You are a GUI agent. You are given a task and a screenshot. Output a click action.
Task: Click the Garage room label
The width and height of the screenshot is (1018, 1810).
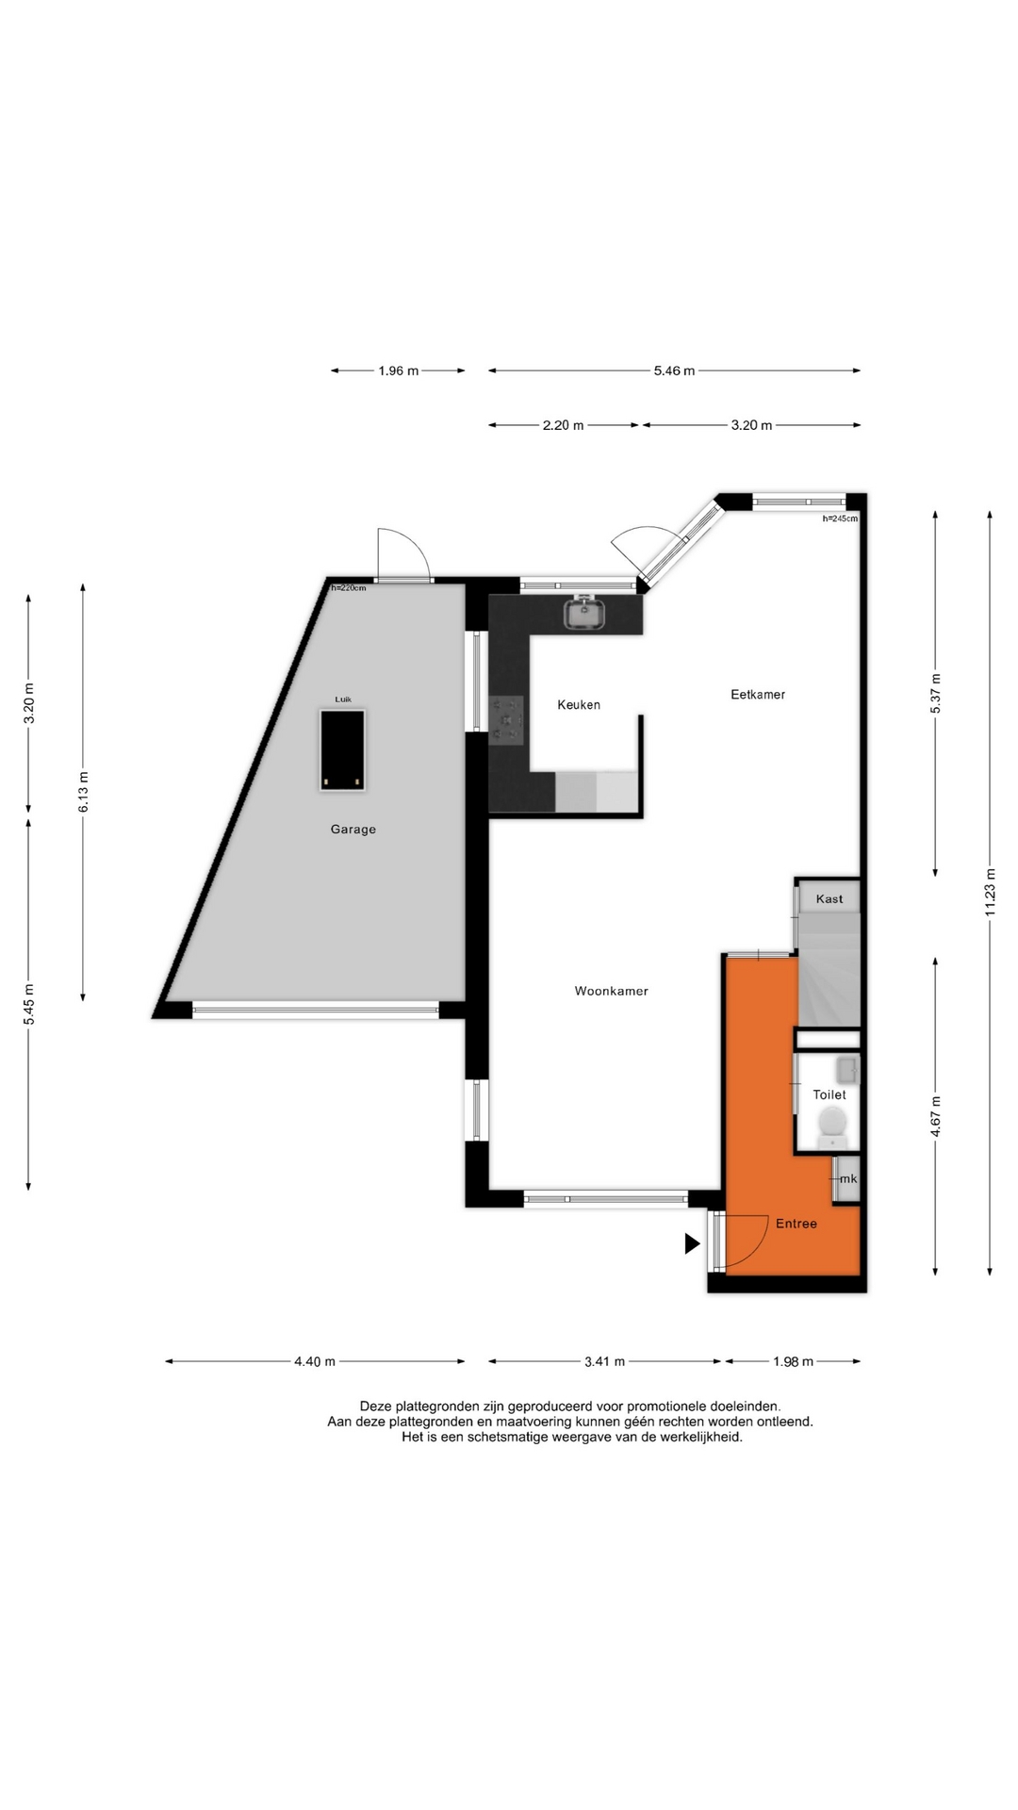tap(353, 830)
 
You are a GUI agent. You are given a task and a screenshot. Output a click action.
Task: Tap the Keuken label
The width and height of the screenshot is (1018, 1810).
tap(579, 705)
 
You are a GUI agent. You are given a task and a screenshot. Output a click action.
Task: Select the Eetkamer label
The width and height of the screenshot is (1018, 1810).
tap(758, 695)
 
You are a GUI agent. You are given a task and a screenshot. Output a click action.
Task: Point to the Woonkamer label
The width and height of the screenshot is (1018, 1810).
tap(612, 992)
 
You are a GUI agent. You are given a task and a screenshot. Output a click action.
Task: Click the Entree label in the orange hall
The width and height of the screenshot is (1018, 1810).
tap(796, 1224)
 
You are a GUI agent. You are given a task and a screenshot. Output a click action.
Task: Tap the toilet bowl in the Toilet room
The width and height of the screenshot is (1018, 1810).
tap(832, 1123)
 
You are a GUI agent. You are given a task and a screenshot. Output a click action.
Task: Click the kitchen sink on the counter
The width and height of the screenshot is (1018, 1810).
tap(585, 613)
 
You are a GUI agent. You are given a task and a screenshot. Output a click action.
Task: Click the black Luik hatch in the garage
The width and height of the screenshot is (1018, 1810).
tap(343, 751)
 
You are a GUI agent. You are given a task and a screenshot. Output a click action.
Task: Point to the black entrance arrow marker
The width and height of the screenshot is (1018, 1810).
tap(692, 1244)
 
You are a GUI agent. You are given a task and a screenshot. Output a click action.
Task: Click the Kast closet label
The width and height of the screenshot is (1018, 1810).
tap(829, 899)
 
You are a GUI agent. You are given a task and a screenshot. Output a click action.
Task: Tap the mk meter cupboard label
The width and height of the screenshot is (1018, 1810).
tap(848, 1179)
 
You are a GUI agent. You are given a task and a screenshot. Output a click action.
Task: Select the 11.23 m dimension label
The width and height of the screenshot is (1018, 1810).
tap(990, 892)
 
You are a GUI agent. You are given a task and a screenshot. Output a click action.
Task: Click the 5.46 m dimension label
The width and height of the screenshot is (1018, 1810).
tap(675, 371)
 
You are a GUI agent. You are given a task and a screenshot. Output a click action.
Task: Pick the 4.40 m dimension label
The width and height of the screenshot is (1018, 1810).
tap(315, 1362)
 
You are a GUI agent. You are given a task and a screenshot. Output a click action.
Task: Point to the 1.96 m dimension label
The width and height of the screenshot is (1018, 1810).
tap(399, 371)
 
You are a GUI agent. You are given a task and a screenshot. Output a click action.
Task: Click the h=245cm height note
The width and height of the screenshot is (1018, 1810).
tap(840, 518)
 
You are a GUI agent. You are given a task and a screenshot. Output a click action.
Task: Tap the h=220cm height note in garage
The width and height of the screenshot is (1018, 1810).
tap(349, 588)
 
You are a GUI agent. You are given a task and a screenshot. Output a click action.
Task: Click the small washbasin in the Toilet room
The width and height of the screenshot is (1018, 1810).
tap(846, 1070)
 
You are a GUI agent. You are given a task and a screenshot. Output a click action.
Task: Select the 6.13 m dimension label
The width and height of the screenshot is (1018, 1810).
tap(83, 793)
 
